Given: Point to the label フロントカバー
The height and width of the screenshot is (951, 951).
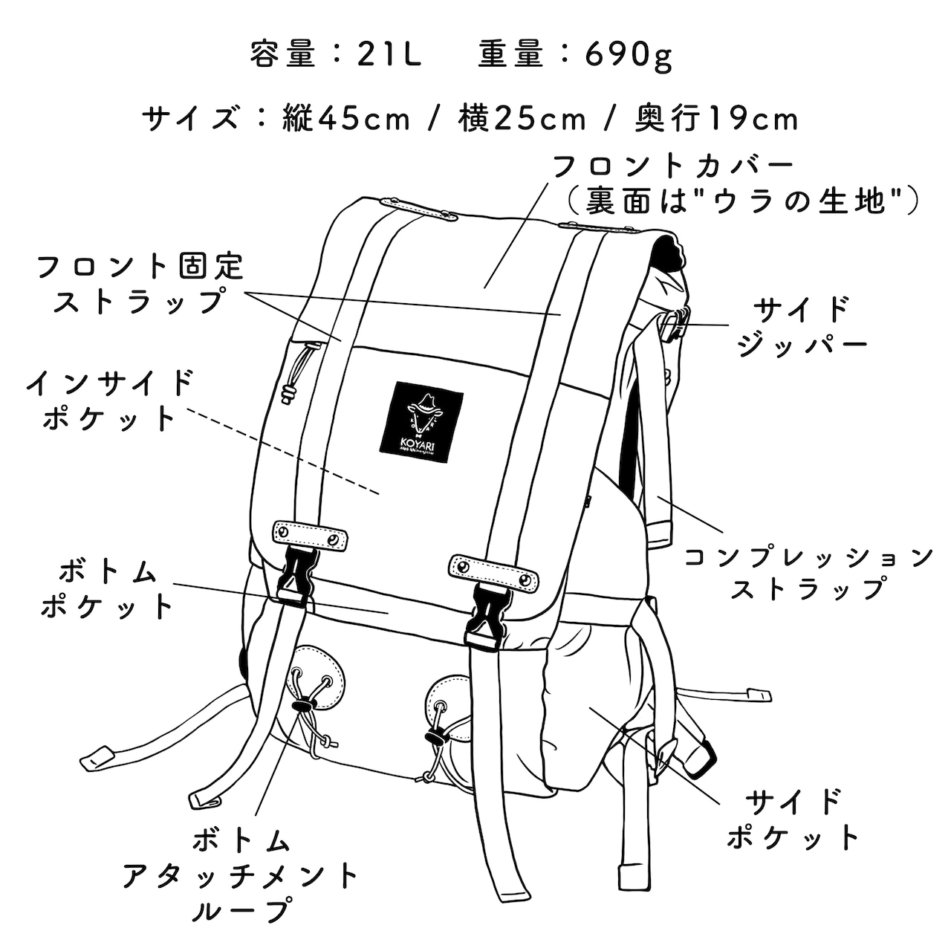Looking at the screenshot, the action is click(673, 166).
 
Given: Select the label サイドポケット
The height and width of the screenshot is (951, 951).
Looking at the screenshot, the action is click(793, 819).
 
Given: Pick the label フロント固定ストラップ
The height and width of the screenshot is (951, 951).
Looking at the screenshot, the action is click(140, 283).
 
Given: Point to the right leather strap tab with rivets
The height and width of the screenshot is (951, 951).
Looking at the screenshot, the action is click(493, 568).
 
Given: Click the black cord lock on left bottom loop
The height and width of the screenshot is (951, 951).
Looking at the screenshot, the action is click(303, 703).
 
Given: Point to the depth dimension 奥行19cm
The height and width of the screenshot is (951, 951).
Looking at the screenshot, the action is click(716, 119).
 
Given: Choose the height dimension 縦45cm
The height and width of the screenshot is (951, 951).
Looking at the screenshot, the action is click(346, 119).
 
